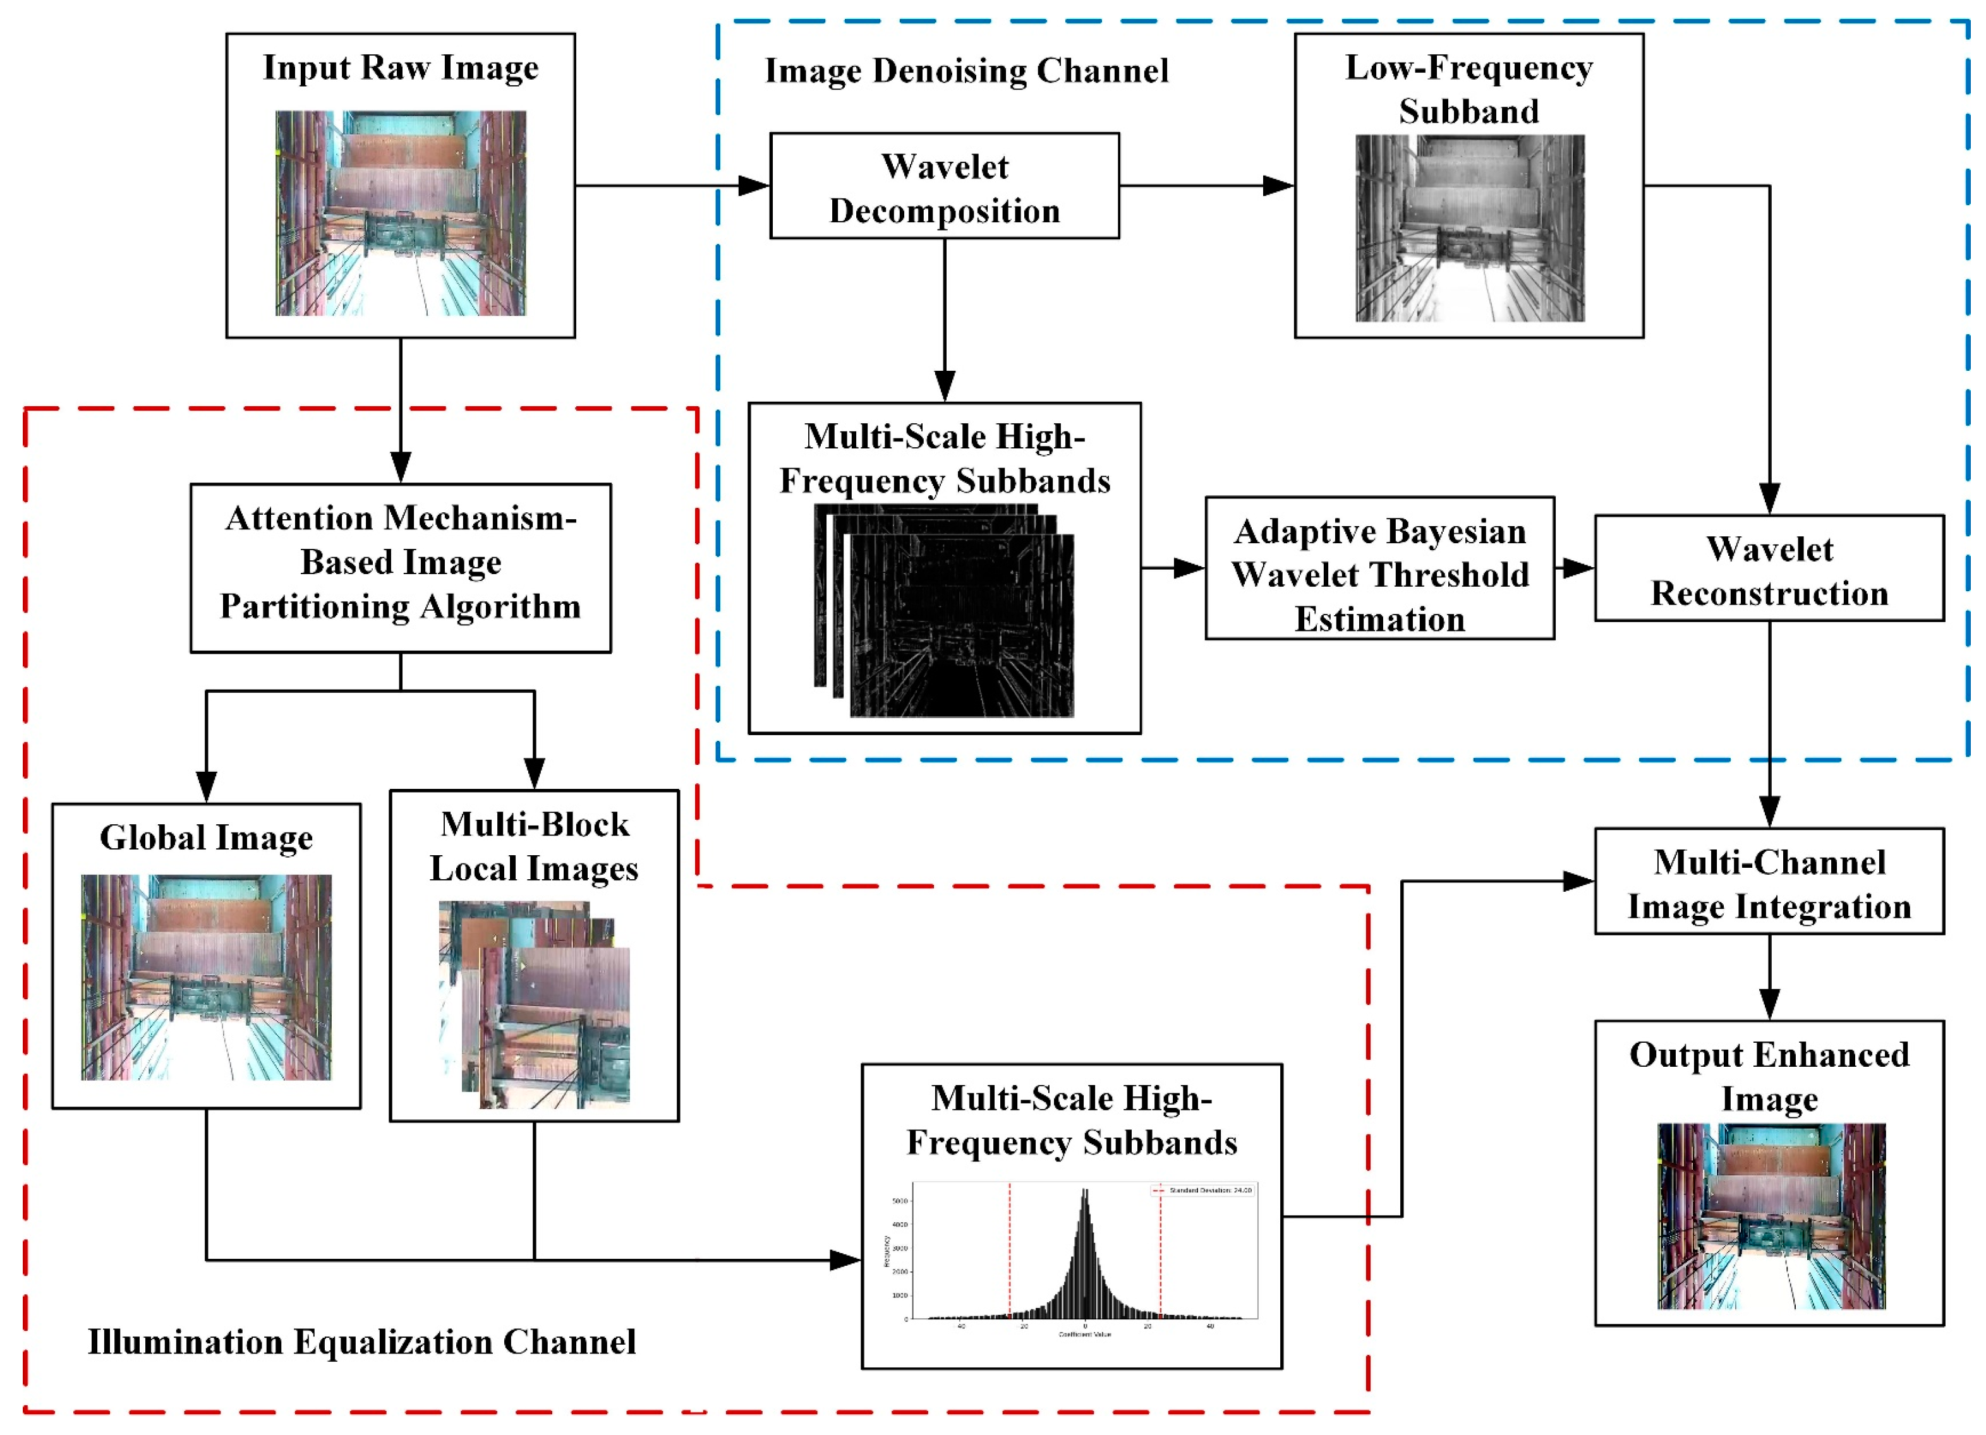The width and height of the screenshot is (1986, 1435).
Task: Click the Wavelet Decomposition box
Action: point(944,186)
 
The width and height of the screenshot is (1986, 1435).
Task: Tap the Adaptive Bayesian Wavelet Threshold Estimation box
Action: point(1379,568)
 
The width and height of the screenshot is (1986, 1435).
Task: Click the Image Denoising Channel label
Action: point(966,71)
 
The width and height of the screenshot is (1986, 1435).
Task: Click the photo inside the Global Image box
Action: point(206,977)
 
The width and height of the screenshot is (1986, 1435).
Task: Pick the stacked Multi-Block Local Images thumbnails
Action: point(534,1005)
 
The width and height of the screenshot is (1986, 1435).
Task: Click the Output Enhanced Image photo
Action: point(1771,1217)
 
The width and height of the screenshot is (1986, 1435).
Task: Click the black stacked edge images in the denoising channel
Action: point(944,612)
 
